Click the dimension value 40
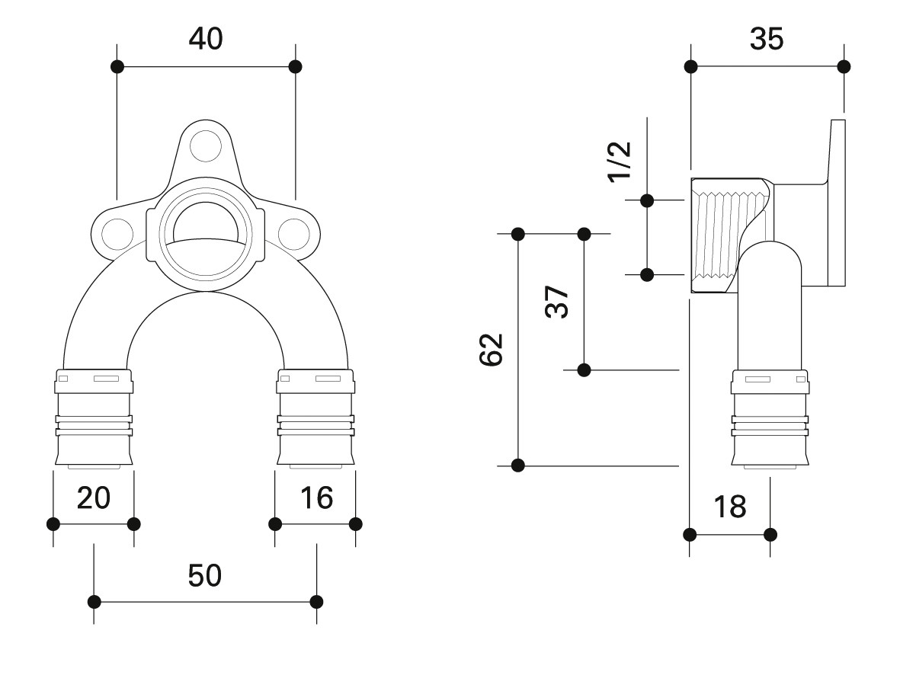[206, 39]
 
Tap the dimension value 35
[767, 39]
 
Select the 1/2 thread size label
[620, 162]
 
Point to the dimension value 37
[557, 302]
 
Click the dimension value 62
[492, 349]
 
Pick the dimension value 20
[94, 497]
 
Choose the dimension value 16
[316, 497]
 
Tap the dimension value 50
[205, 576]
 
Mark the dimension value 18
[729, 507]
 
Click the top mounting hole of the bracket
[206, 146]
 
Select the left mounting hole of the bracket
[117, 234]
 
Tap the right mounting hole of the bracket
[294, 234]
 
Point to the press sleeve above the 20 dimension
[94, 417]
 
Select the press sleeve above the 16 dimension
[316, 417]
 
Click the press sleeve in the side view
[770, 417]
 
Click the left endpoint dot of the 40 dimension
[117, 66]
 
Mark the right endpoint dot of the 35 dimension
[844, 66]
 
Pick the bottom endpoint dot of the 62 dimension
[517, 465]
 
